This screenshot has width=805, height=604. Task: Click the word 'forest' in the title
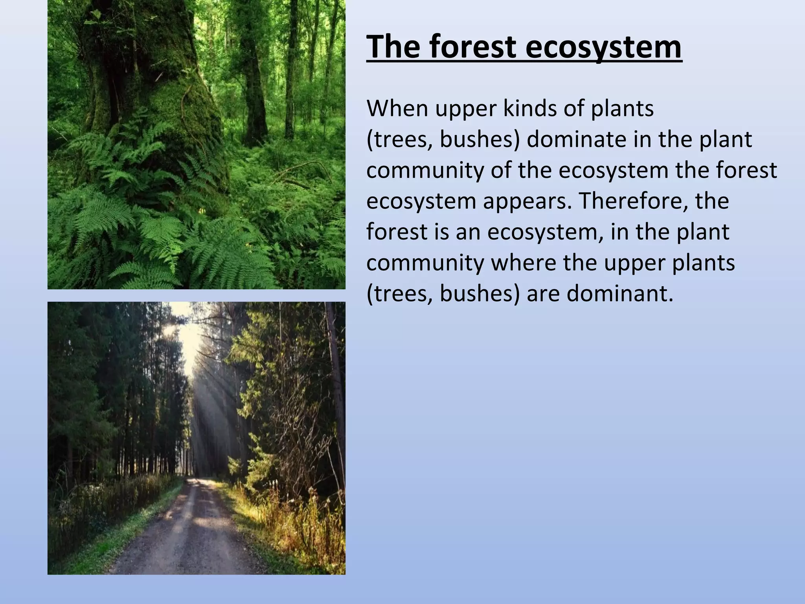pos(472,47)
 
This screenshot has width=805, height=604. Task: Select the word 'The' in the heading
pos(393,47)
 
